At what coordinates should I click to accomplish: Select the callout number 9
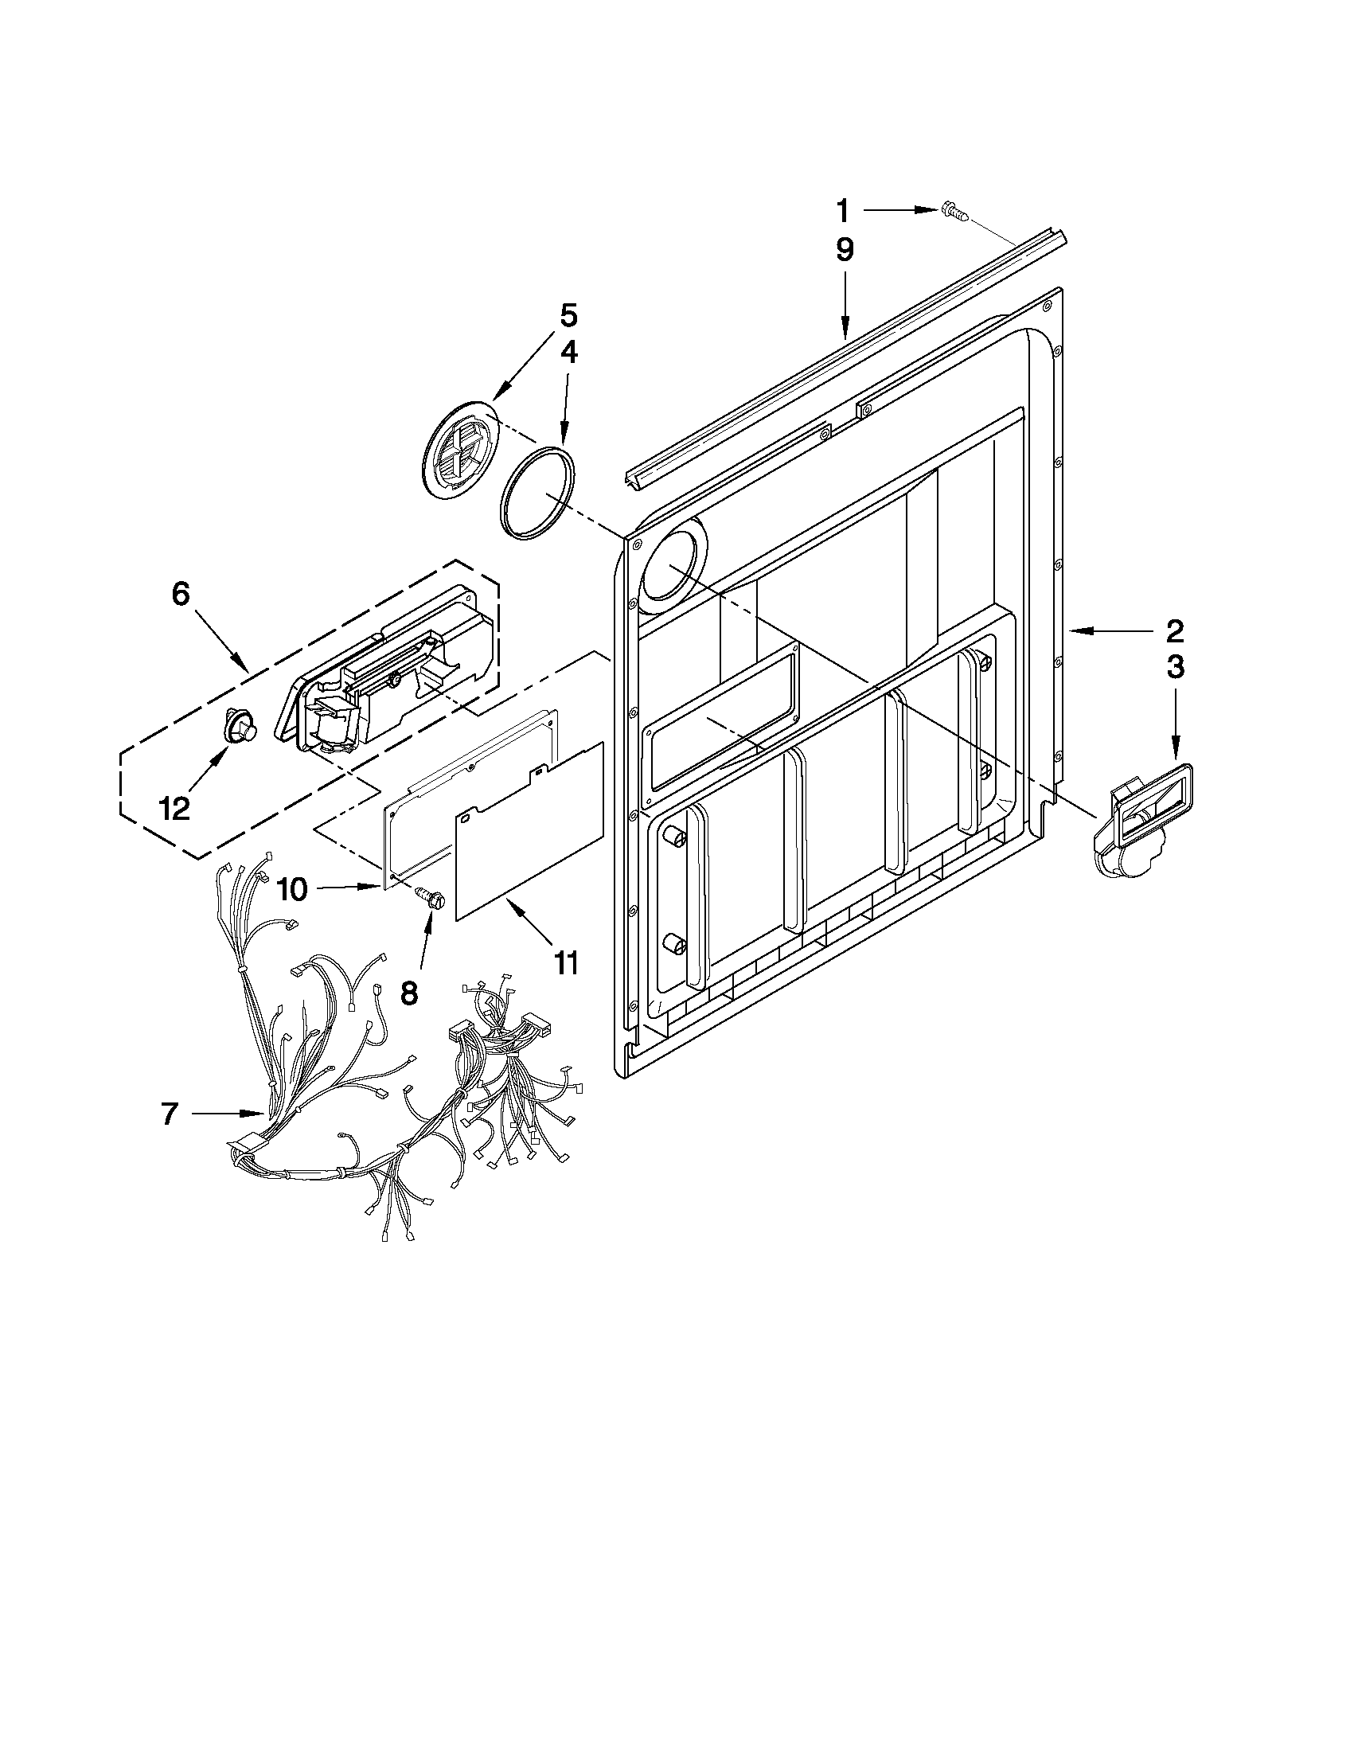click(x=845, y=250)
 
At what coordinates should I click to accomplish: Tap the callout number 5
click(x=567, y=315)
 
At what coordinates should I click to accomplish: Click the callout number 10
click(x=292, y=889)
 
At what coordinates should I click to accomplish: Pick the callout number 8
click(x=409, y=994)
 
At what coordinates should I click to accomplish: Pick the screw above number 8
click(x=433, y=897)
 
